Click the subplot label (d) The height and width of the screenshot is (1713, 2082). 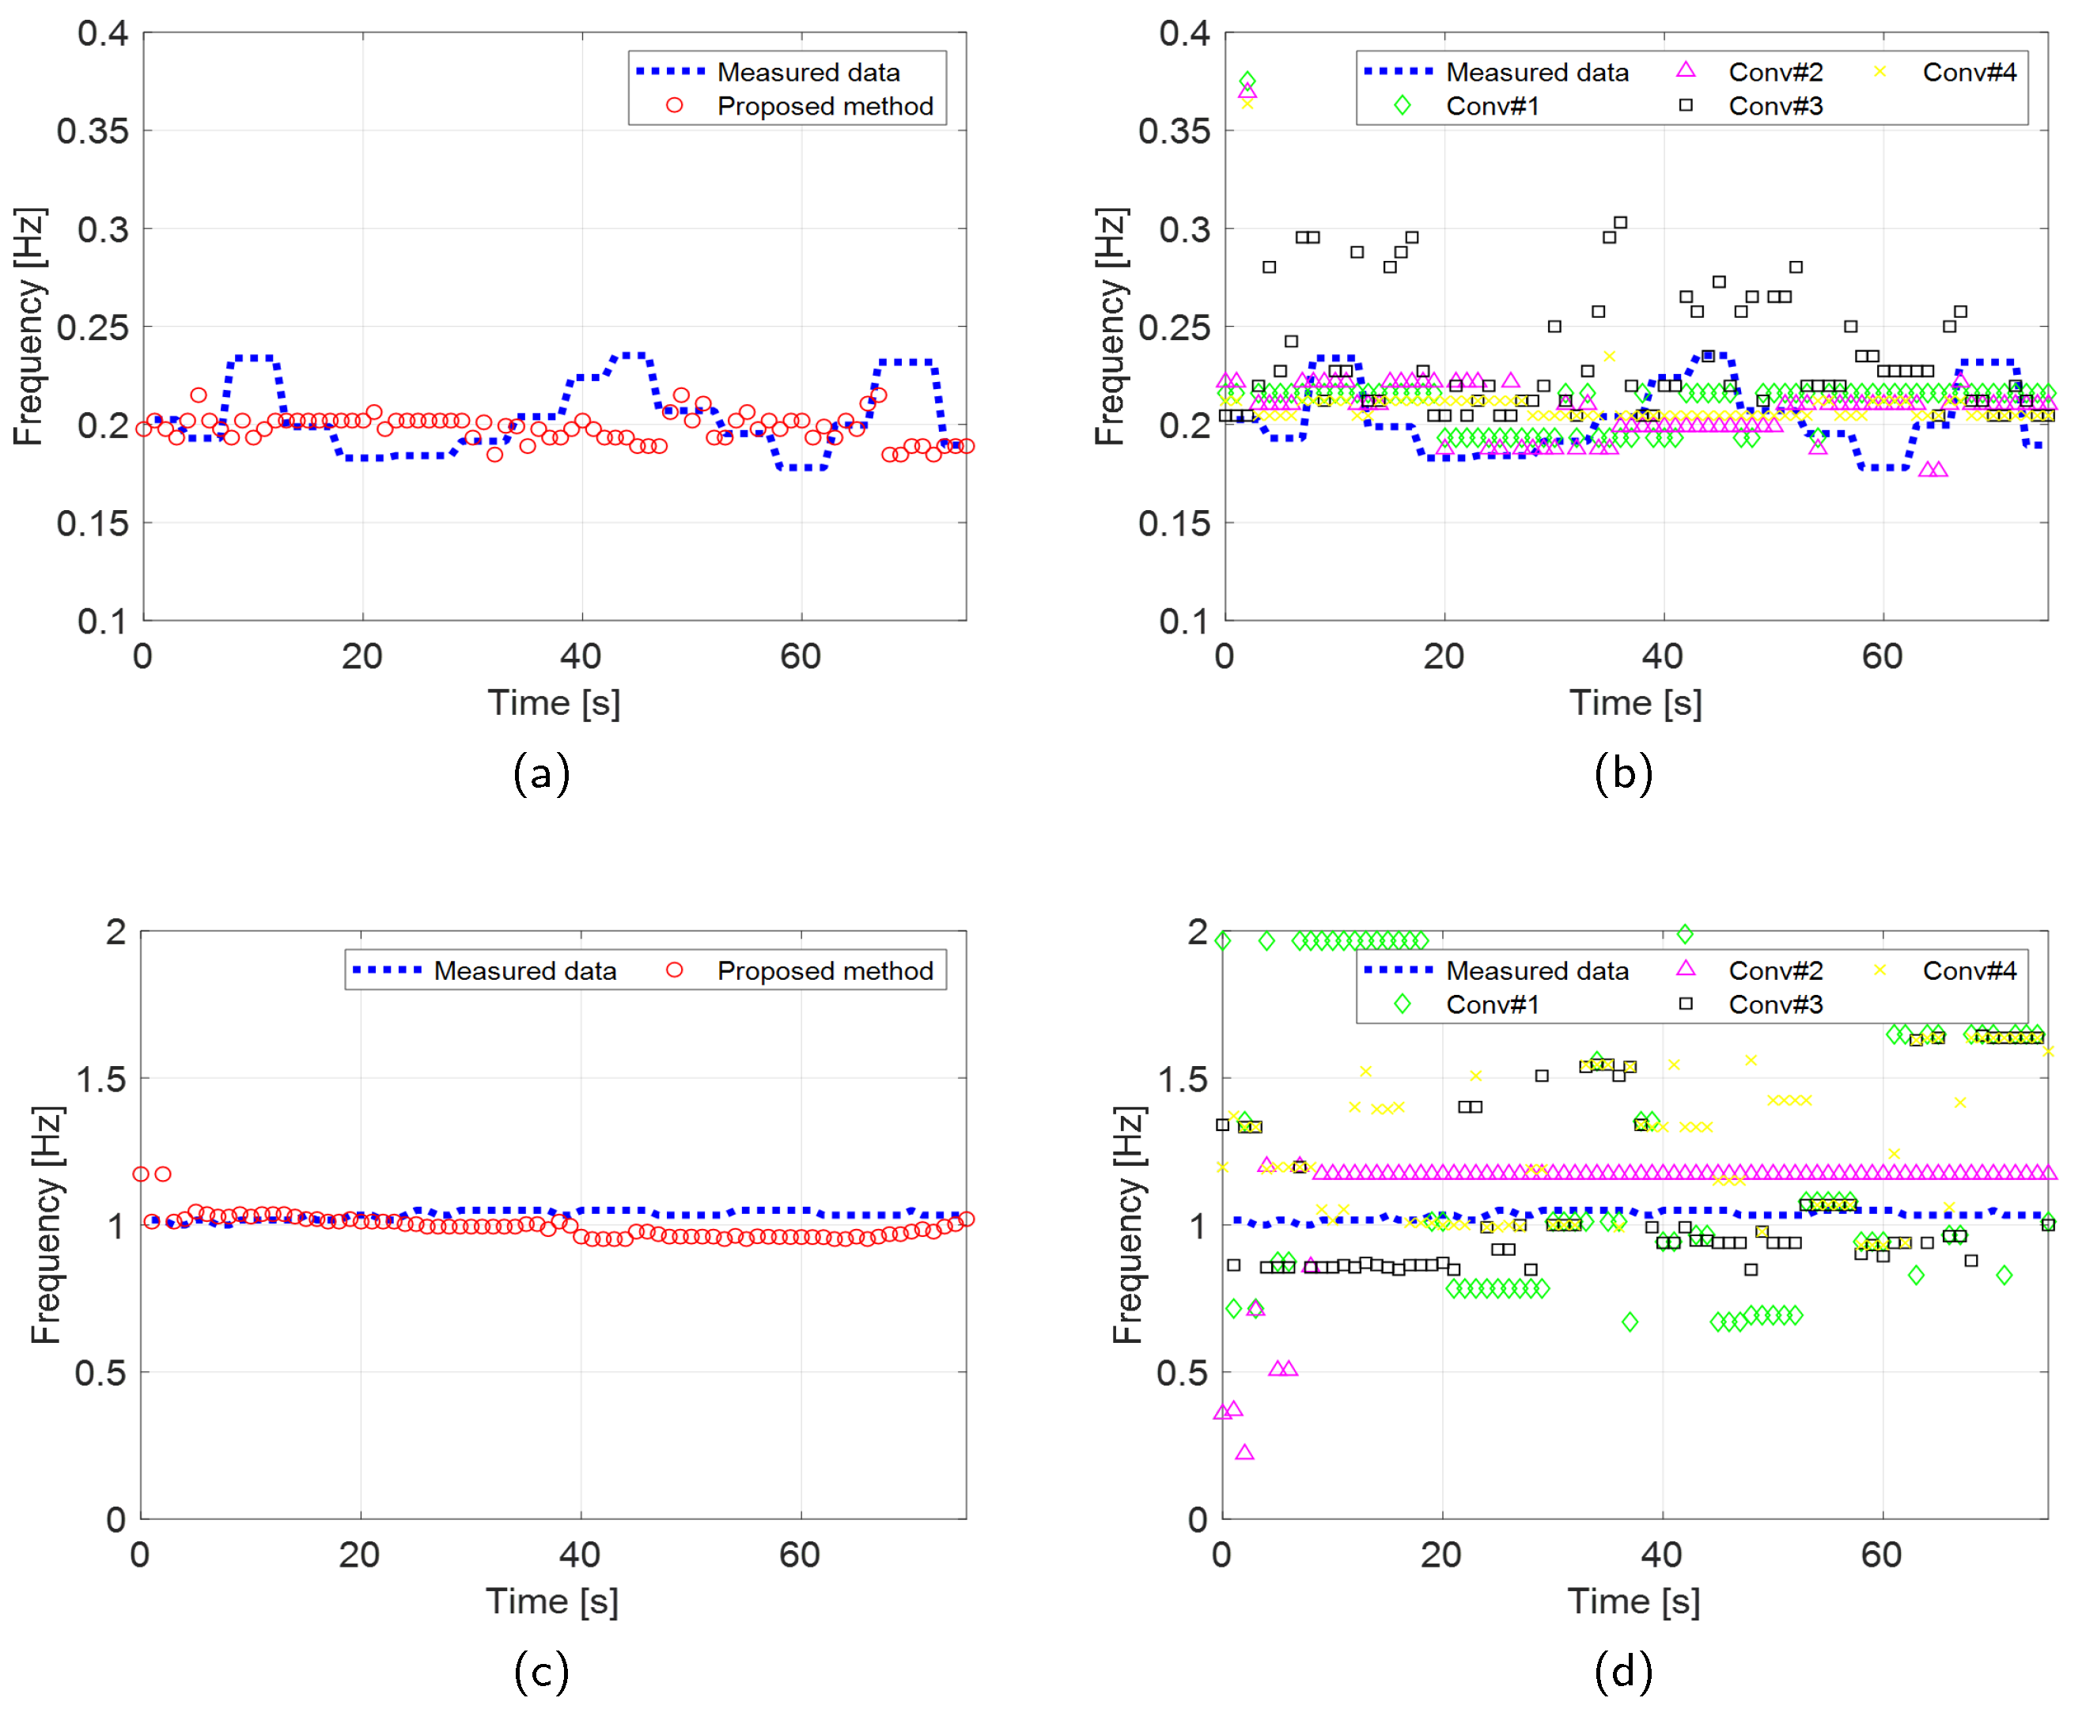coord(1623,1672)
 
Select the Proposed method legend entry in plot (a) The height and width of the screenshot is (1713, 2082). coord(824,106)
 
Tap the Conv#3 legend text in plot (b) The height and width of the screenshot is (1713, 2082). coord(1775,106)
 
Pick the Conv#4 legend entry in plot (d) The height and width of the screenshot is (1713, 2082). coord(1969,971)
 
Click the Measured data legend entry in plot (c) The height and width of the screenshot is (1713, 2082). coord(524,971)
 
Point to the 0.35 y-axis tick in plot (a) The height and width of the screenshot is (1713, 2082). coord(92,130)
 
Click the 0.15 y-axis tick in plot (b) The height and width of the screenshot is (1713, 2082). coord(1173,523)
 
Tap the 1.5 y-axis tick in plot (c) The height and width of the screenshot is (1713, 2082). coord(101,1079)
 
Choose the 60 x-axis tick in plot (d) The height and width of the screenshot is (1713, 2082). coord(1881,1555)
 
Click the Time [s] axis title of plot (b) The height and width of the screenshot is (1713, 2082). coord(1635,702)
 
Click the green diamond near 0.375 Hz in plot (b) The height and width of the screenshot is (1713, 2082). coord(1247,80)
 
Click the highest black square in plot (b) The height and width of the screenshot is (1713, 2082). coord(1620,223)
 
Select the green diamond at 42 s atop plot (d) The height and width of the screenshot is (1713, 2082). coord(1684,933)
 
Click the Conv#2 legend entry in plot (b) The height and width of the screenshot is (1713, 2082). coord(1775,72)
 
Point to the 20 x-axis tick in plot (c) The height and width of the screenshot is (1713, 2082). coord(359,1555)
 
